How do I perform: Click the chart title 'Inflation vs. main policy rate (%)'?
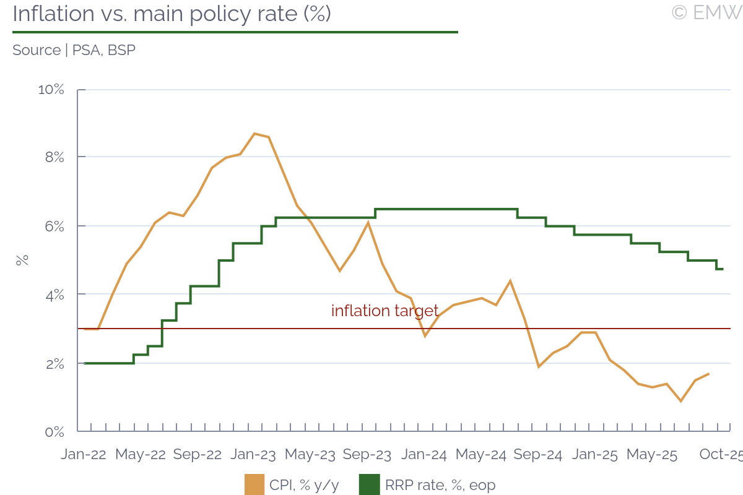pos(172,14)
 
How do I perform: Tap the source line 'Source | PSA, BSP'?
pos(74,50)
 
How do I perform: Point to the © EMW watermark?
pos(706,12)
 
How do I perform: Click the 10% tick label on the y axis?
pos(51,90)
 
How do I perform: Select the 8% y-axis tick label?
pos(54,158)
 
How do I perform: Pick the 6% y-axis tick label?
pos(54,226)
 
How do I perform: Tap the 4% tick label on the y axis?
pos(54,295)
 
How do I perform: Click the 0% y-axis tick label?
pos(54,431)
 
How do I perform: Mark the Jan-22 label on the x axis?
pos(84,455)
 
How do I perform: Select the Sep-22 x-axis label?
pos(197,455)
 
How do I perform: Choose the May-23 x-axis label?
pos(310,455)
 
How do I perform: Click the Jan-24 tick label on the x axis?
pos(424,455)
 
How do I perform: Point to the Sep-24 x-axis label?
pos(537,455)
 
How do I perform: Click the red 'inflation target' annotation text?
pos(385,311)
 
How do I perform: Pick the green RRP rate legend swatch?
pos(369,485)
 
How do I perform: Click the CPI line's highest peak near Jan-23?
pos(254,134)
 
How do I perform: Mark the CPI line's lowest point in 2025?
pos(681,401)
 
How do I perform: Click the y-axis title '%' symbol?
pos(22,260)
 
